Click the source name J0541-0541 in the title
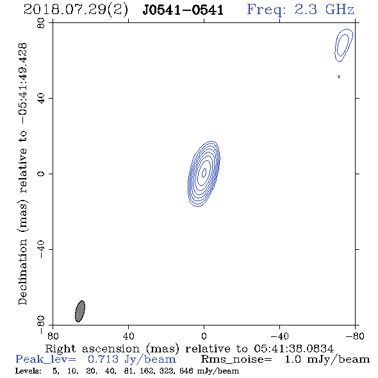click(x=183, y=10)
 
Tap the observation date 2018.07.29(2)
click(x=76, y=10)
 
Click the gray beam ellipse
click(x=80, y=311)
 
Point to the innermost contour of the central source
click(x=204, y=172)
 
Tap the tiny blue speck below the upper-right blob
click(x=339, y=77)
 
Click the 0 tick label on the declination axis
click(x=41, y=174)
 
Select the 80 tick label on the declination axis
click(x=41, y=23)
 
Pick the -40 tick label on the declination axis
click(x=41, y=249)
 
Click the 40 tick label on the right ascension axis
click(x=128, y=336)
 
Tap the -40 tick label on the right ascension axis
click(x=279, y=336)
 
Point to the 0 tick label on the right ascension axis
click(x=204, y=336)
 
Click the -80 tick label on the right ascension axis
click(x=355, y=336)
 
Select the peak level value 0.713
click(x=103, y=359)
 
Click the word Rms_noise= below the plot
click(x=236, y=359)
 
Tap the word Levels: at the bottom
click(x=28, y=371)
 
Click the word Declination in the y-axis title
click(x=22, y=272)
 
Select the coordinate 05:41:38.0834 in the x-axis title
click(x=293, y=349)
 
